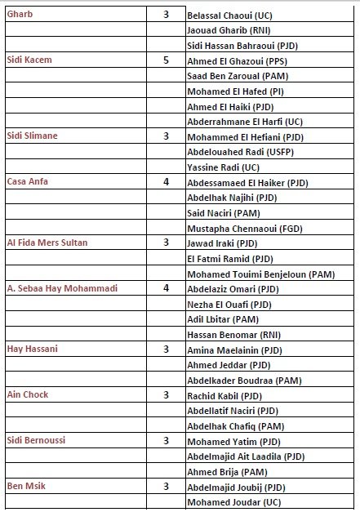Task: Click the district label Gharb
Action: (20, 15)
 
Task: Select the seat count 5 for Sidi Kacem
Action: (166, 60)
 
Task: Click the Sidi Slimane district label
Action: (32, 136)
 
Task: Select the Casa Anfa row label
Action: (27, 181)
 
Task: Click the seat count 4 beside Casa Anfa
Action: (166, 181)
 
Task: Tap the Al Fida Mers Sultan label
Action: (47, 243)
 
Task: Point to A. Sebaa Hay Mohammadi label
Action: (59, 288)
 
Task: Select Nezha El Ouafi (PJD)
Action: (229, 304)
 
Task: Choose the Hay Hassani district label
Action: (30, 349)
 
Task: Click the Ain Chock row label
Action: (27, 395)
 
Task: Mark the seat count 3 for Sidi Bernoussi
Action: (166, 441)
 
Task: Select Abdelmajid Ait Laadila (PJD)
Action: (245, 456)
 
